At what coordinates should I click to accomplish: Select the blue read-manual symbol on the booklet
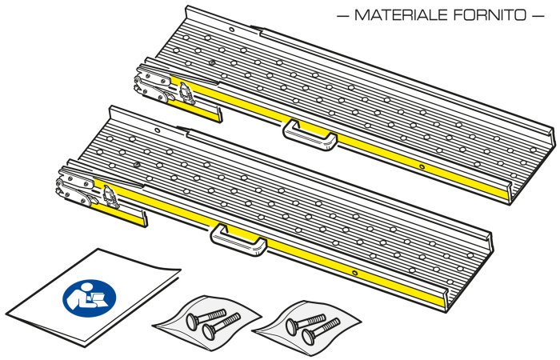90,298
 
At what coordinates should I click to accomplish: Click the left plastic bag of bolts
207,322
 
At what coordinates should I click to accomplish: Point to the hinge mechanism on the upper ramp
153,84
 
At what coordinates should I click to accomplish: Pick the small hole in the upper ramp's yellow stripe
422,166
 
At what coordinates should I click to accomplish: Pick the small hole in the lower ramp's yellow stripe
354,274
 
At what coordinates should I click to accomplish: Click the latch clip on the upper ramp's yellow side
186,94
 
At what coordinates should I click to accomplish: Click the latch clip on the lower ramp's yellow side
111,197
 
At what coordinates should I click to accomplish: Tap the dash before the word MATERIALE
342,16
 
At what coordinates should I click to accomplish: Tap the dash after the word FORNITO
538,16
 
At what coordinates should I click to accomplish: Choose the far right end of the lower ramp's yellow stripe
443,303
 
